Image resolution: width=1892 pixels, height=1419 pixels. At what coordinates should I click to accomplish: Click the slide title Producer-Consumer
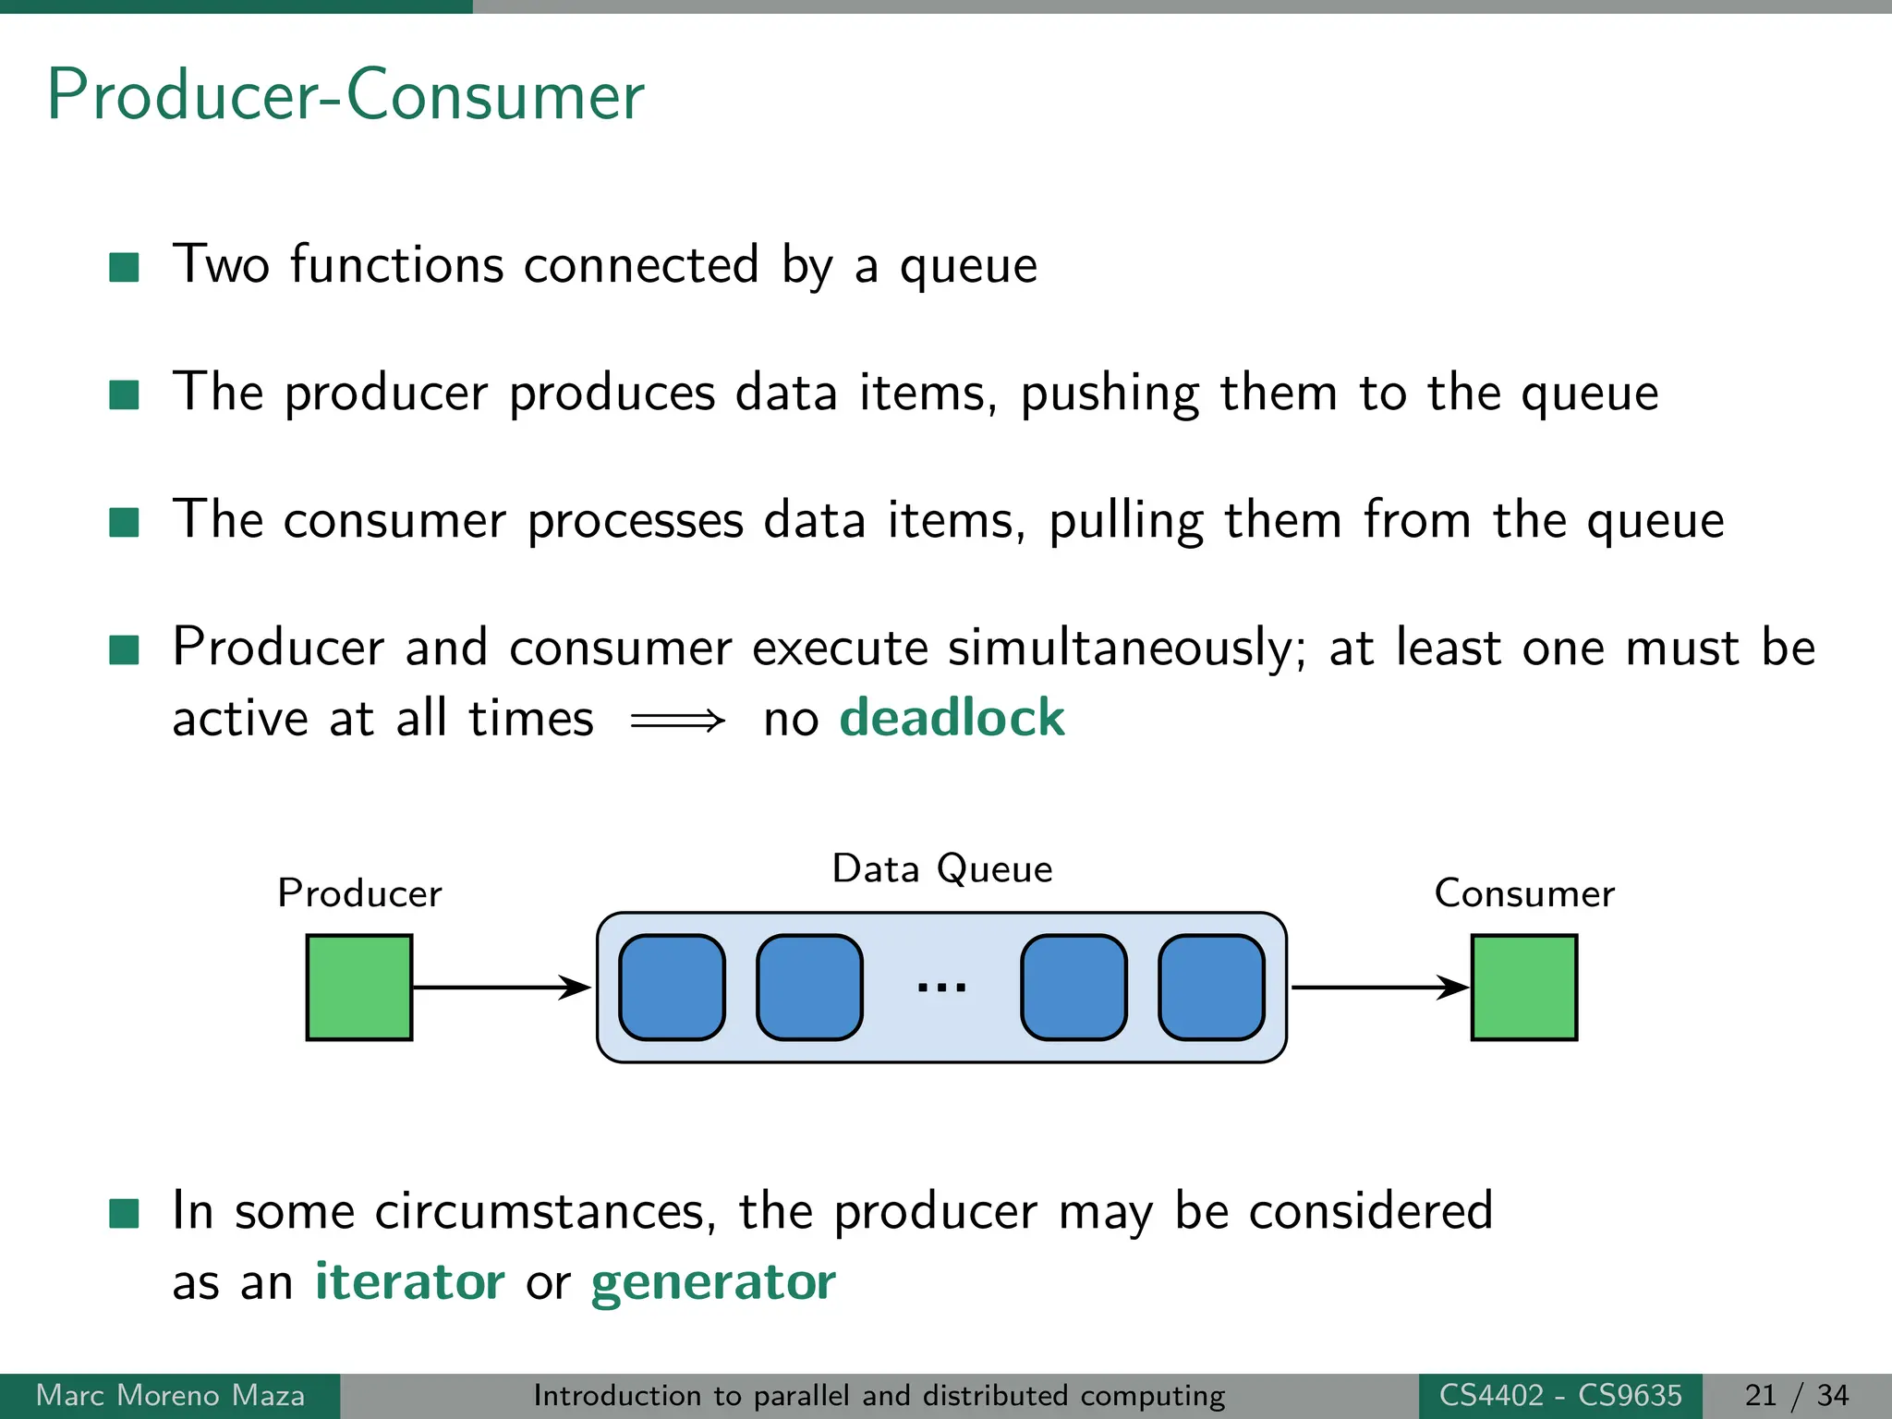[x=346, y=95]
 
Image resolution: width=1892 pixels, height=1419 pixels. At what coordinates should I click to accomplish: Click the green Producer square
[x=359, y=988]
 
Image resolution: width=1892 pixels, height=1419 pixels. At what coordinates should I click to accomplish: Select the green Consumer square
[x=1523, y=988]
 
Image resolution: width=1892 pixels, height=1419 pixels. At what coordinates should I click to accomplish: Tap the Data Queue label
[x=941, y=869]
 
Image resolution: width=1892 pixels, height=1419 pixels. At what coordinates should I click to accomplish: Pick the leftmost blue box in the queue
[x=672, y=988]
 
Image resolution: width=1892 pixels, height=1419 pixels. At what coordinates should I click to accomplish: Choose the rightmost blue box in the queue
[x=1211, y=988]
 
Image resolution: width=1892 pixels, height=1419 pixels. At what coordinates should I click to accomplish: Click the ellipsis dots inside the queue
[x=941, y=988]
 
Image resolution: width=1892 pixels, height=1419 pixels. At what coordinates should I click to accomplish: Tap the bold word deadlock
[x=952, y=718]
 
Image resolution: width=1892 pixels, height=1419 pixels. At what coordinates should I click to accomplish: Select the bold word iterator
[x=409, y=1281]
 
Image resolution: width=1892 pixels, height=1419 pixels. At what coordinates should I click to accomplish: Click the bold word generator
[x=713, y=1283]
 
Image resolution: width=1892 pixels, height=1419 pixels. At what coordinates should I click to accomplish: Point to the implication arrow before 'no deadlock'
[x=678, y=721]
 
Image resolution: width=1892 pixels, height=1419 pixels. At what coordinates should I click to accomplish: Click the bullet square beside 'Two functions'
[x=124, y=268]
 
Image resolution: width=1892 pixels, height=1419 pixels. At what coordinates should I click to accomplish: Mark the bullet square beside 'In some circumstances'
[x=124, y=1213]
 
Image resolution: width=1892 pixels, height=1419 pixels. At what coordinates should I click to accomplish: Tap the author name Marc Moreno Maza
[x=170, y=1395]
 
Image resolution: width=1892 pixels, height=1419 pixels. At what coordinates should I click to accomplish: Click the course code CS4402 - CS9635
[x=1560, y=1395]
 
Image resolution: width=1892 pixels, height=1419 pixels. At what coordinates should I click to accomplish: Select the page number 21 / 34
[x=1797, y=1395]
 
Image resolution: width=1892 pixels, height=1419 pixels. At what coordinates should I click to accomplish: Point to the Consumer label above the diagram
[x=1523, y=893]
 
